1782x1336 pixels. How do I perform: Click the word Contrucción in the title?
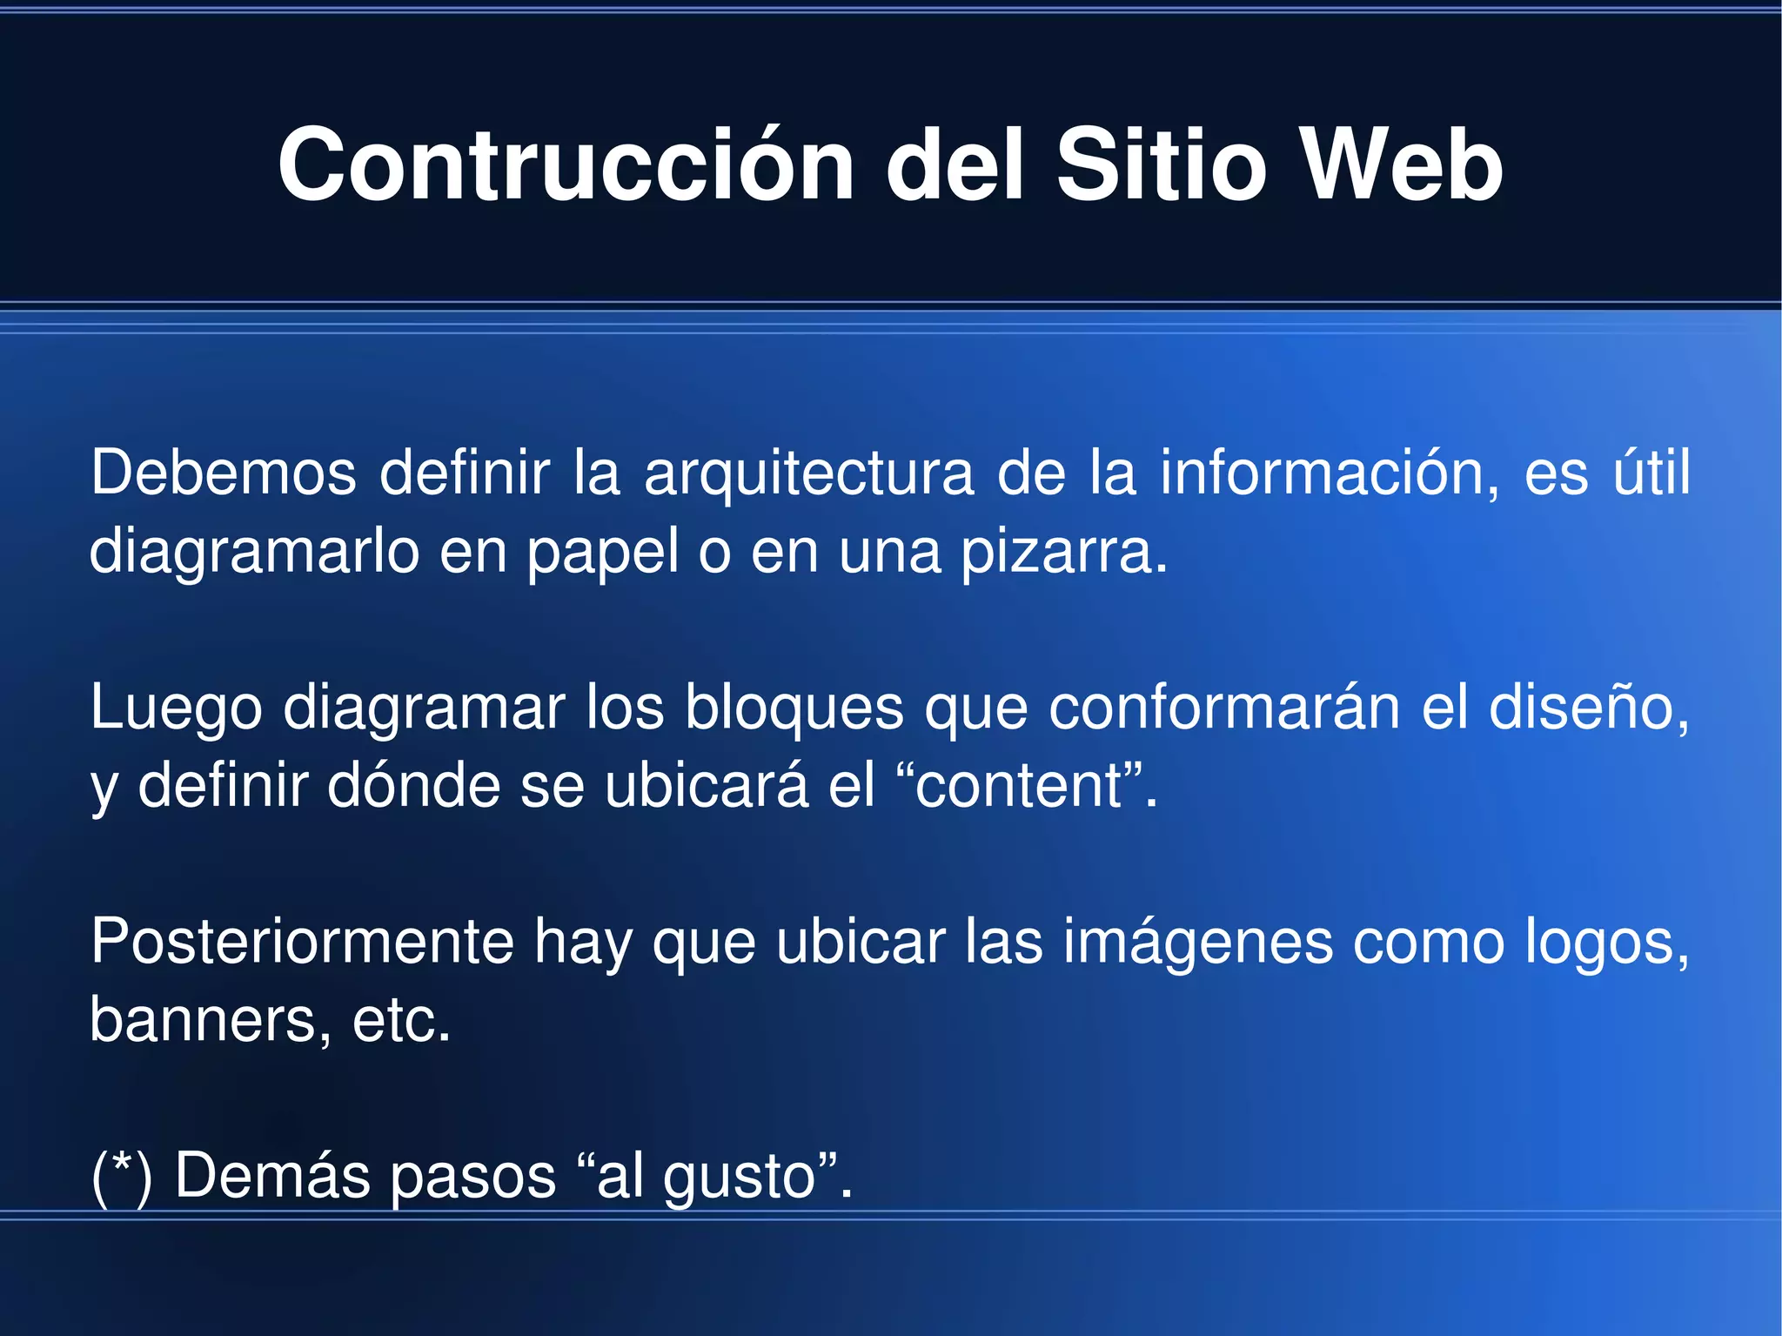pyautogui.click(x=566, y=165)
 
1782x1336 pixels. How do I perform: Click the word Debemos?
pyautogui.click(x=224, y=473)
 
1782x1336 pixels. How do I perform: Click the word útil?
pyautogui.click(x=1651, y=473)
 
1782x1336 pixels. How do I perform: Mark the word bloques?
pyautogui.click(x=794, y=707)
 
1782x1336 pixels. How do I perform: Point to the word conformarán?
pyautogui.click(x=1223, y=707)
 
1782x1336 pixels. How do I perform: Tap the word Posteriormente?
pyautogui.click(x=302, y=942)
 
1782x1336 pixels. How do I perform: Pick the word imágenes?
pyautogui.click(x=1197, y=942)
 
